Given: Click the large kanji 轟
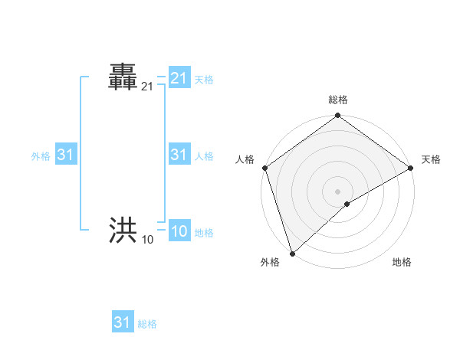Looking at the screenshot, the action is [123, 79].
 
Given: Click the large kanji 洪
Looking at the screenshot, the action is [123, 229].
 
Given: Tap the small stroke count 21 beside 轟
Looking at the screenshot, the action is [147, 89].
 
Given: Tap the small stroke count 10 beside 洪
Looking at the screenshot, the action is [147, 240].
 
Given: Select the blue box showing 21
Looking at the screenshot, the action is [179, 78].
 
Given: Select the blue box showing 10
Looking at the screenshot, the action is [179, 232].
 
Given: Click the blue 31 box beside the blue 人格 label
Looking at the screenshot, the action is [179, 155].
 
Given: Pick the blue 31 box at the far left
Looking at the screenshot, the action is [65, 155].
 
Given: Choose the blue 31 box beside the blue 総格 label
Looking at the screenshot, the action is [123, 322].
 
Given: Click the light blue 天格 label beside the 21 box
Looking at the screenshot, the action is [204, 80].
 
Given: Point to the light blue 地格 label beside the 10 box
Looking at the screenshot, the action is [204, 233].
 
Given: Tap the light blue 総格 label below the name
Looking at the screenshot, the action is [147, 324].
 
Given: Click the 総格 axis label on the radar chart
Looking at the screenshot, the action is [337, 100].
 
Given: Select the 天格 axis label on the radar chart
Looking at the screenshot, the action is [431, 159].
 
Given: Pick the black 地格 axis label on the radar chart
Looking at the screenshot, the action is [402, 262].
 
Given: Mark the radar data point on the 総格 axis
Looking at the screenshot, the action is [337, 116].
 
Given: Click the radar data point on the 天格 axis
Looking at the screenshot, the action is [410, 168].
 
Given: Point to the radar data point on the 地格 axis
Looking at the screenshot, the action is [347, 204].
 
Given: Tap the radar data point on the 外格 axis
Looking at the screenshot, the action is [292, 253].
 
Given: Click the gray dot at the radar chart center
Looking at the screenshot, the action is [337, 191].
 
